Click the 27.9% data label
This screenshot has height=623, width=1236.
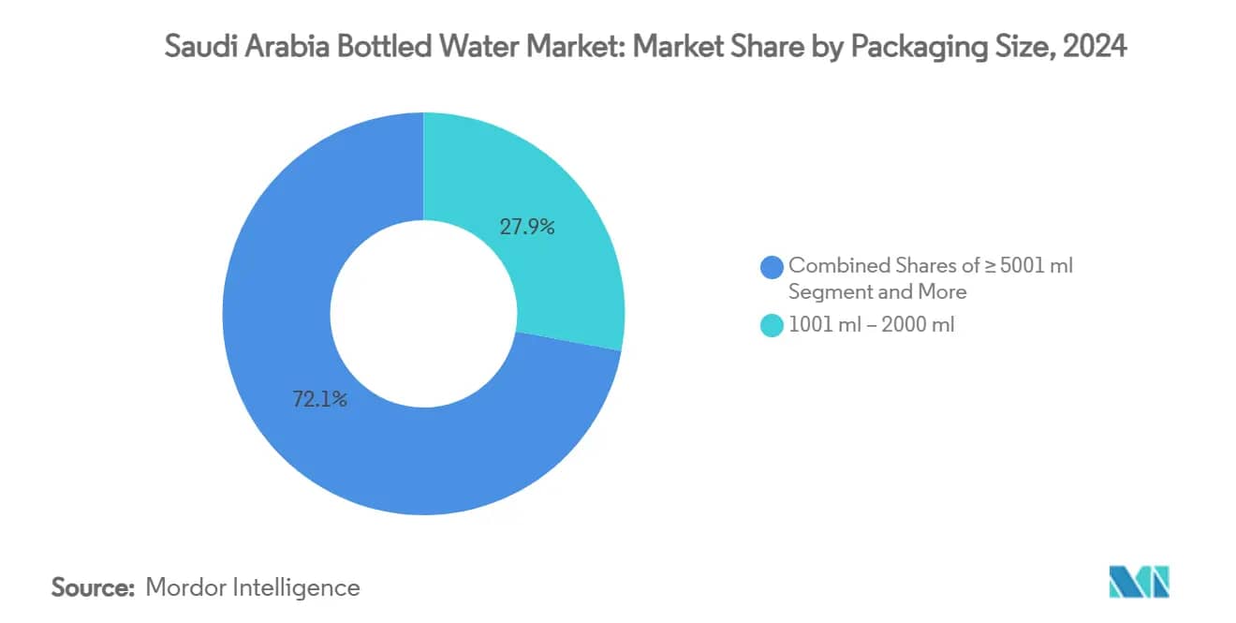527,227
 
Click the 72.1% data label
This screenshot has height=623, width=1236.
319,400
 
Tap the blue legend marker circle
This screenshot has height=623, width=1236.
772,267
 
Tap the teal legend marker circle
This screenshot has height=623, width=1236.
772,326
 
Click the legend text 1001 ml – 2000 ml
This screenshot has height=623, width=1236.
871,326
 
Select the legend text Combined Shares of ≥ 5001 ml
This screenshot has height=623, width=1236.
930,266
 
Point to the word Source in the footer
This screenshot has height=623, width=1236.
93,587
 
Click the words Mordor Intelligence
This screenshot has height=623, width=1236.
253,587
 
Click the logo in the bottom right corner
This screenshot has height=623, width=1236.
1139,582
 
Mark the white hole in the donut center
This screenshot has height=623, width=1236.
423,314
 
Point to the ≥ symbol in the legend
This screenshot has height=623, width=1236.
989,266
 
